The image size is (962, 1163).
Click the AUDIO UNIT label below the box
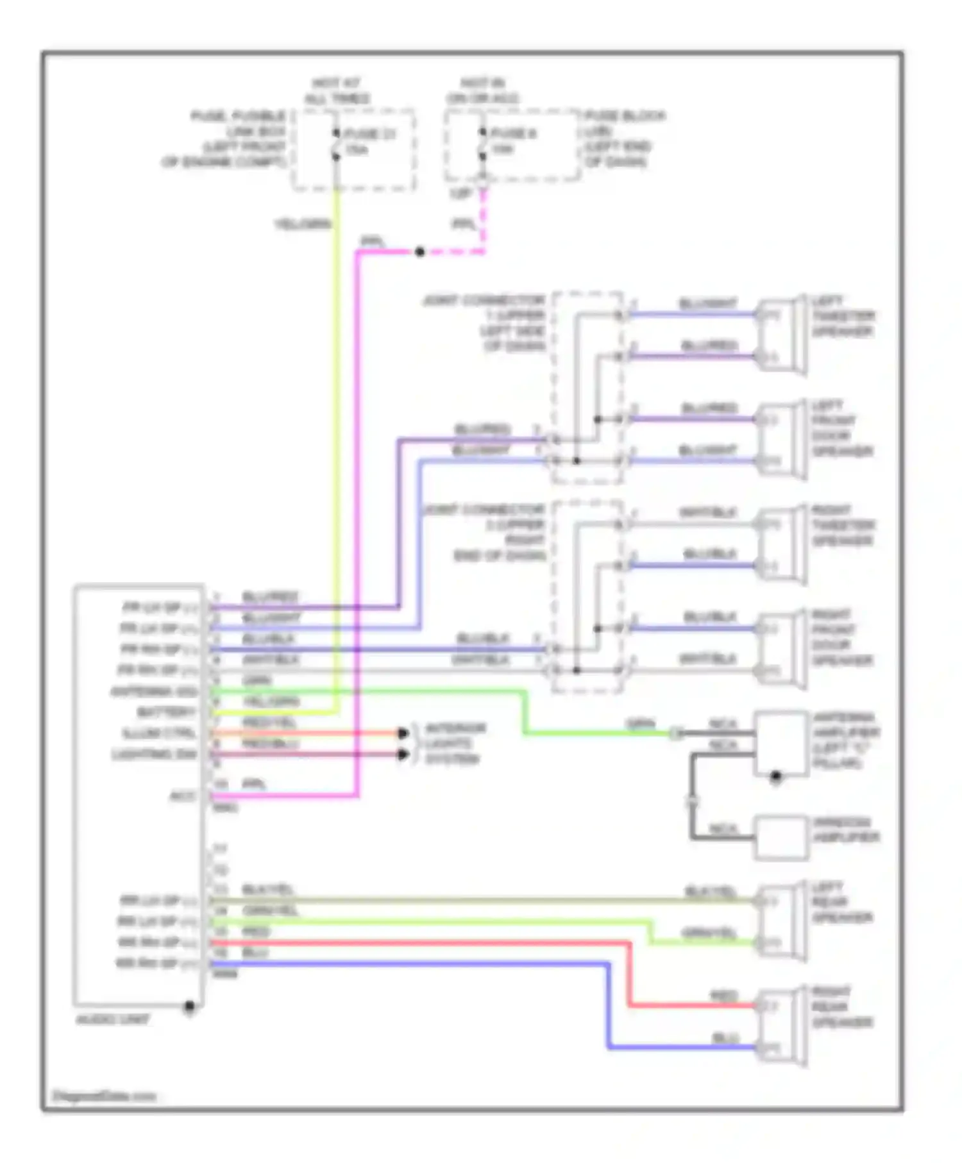coord(113,1019)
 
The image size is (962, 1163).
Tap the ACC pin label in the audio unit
coord(182,796)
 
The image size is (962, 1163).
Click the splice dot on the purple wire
coord(419,252)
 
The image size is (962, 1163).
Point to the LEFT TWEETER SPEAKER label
coord(842,316)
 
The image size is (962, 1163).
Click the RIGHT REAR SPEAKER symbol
coord(781,1026)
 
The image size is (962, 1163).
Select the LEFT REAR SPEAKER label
coord(841,903)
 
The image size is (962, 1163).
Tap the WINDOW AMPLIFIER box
coord(781,837)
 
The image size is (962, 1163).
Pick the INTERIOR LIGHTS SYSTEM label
coord(455,744)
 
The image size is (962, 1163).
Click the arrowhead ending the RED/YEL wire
coord(403,733)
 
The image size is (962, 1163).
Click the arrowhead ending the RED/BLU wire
coord(403,754)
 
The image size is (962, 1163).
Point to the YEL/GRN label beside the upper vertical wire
coord(303,224)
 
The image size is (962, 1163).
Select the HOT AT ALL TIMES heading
coord(337,91)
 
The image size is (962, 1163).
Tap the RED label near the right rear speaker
coord(723,996)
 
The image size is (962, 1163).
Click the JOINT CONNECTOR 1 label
coord(485,323)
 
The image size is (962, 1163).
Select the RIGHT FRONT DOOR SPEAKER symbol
coord(781,649)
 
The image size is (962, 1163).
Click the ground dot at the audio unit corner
coord(189,1006)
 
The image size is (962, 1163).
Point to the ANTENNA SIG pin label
coord(154,692)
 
